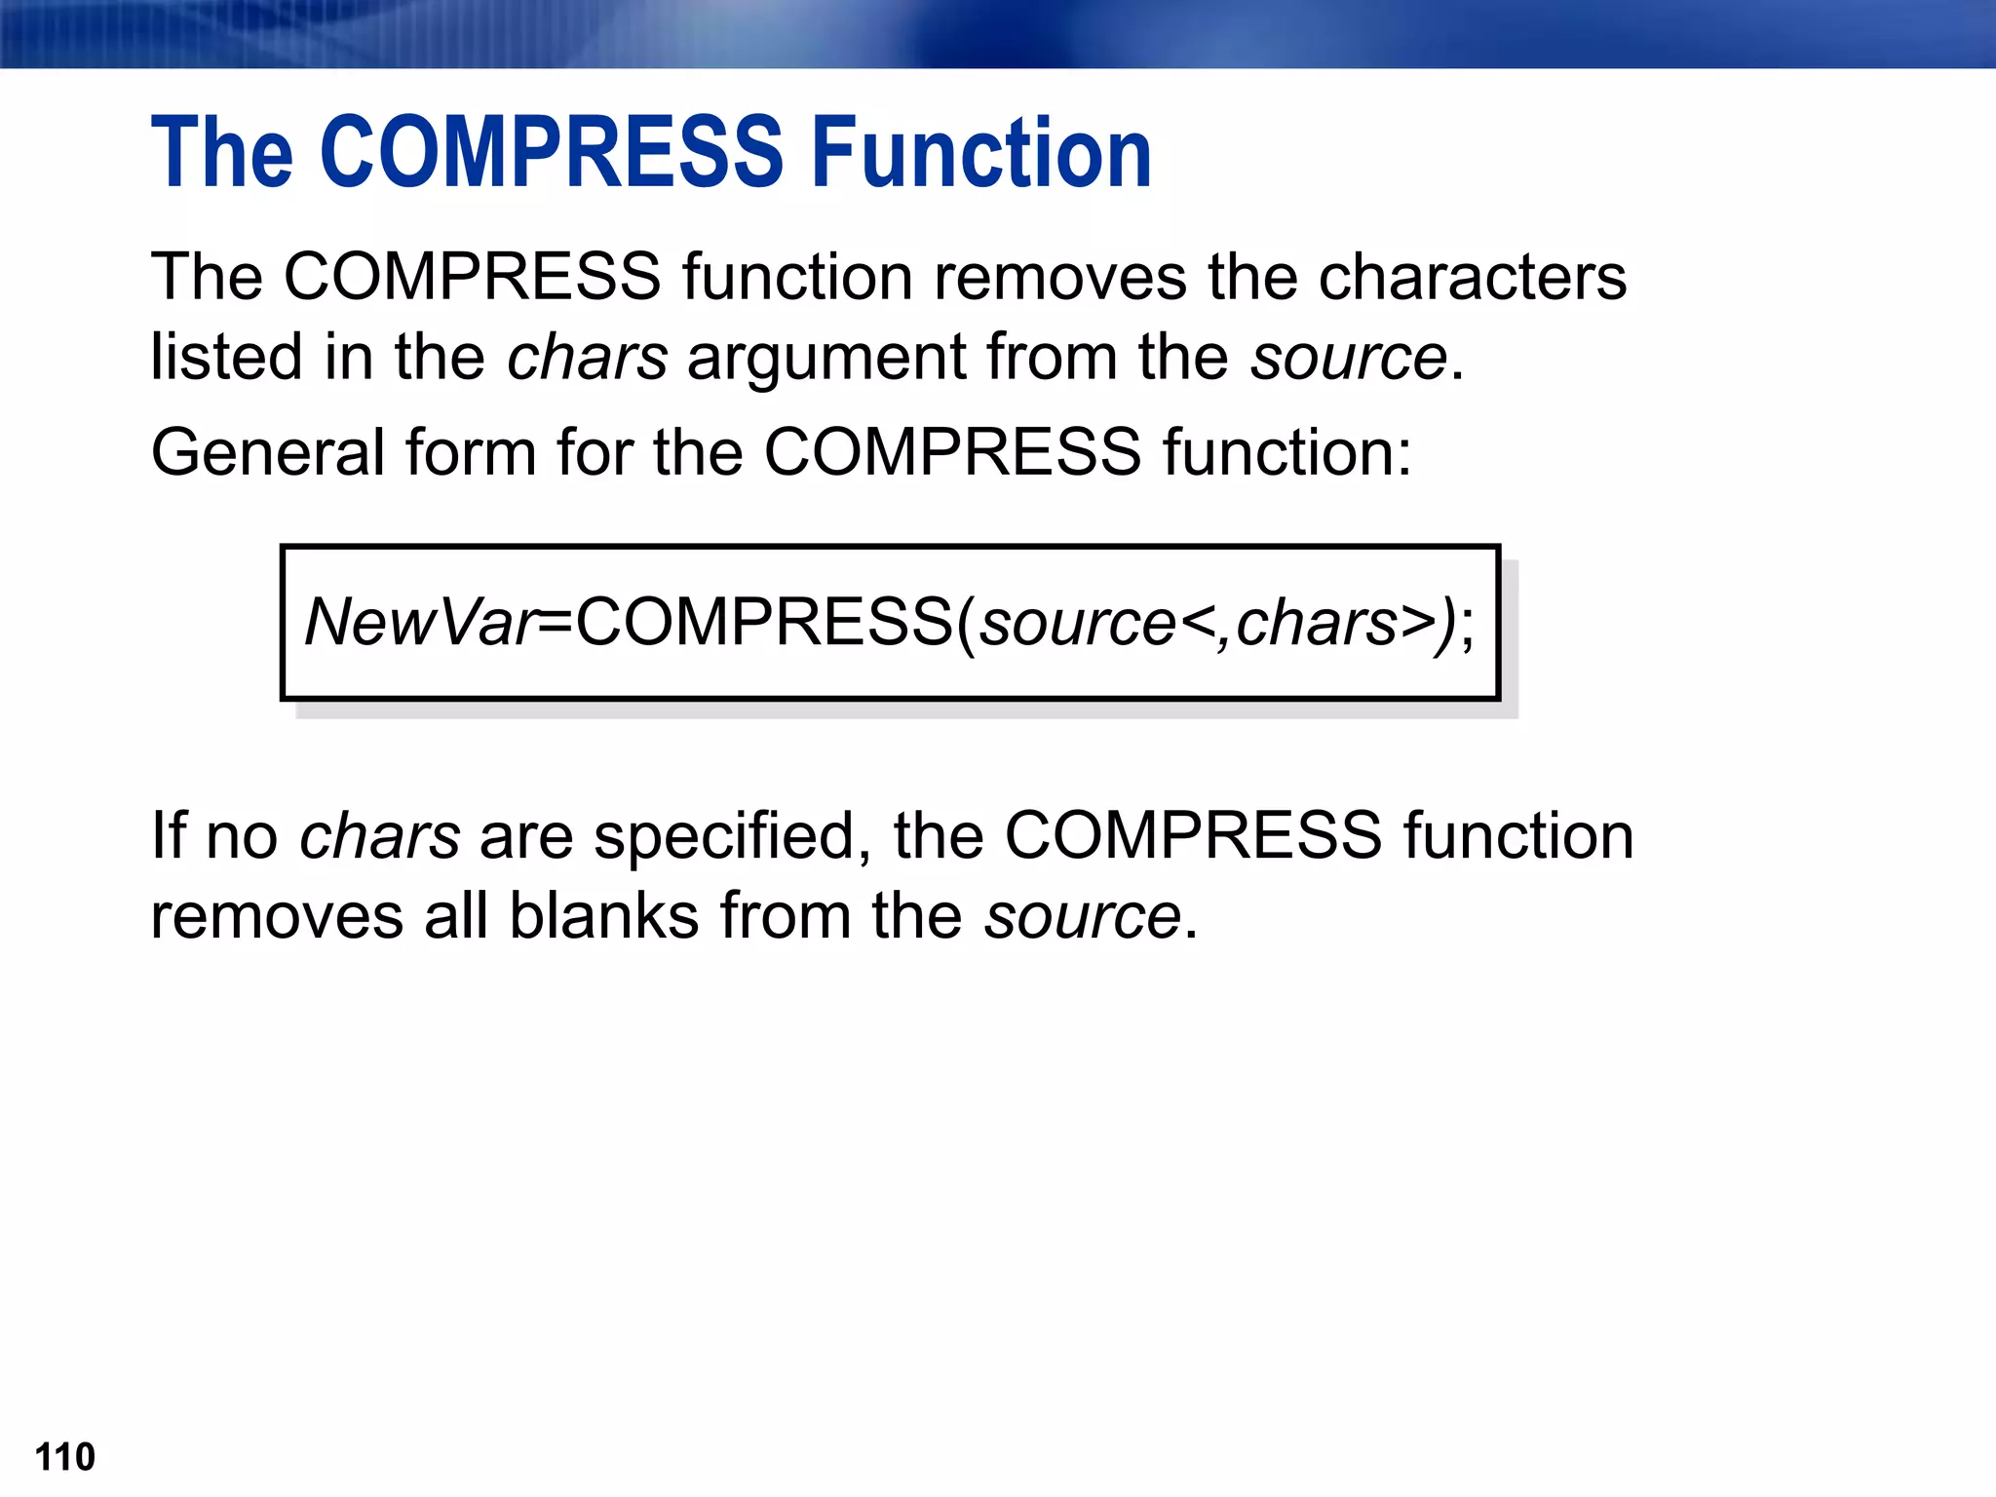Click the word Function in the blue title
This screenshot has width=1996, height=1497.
[x=981, y=152]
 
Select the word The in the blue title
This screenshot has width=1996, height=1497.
[x=222, y=152]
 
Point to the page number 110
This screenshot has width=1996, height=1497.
[x=64, y=1457]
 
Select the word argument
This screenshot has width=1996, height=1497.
[x=826, y=359]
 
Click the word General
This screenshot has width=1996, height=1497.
[x=268, y=452]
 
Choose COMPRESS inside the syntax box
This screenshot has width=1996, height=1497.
[x=765, y=622]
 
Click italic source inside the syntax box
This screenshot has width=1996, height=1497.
[x=1078, y=624]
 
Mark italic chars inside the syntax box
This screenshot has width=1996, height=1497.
[x=1317, y=622]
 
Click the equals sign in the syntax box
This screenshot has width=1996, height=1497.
[x=556, y=622]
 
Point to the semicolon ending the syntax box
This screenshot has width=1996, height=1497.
[x=1468, y=626]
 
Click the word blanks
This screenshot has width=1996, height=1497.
[x=604, y=916]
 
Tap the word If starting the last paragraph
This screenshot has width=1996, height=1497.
[x=168, y=836]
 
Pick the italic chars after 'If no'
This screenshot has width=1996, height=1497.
[x=380, y=836]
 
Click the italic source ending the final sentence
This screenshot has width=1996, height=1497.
[x=1082, y=918]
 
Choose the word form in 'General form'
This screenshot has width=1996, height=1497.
[x=470, y=452]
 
